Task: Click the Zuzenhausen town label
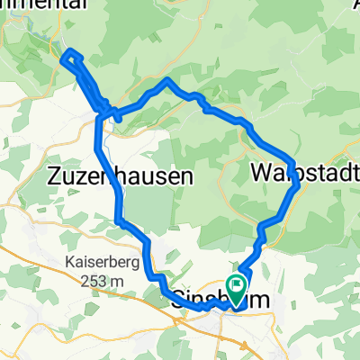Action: (118, 176)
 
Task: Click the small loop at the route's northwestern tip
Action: (71, 58)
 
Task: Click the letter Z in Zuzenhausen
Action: (51, 176)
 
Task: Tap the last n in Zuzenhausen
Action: (187, 176)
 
